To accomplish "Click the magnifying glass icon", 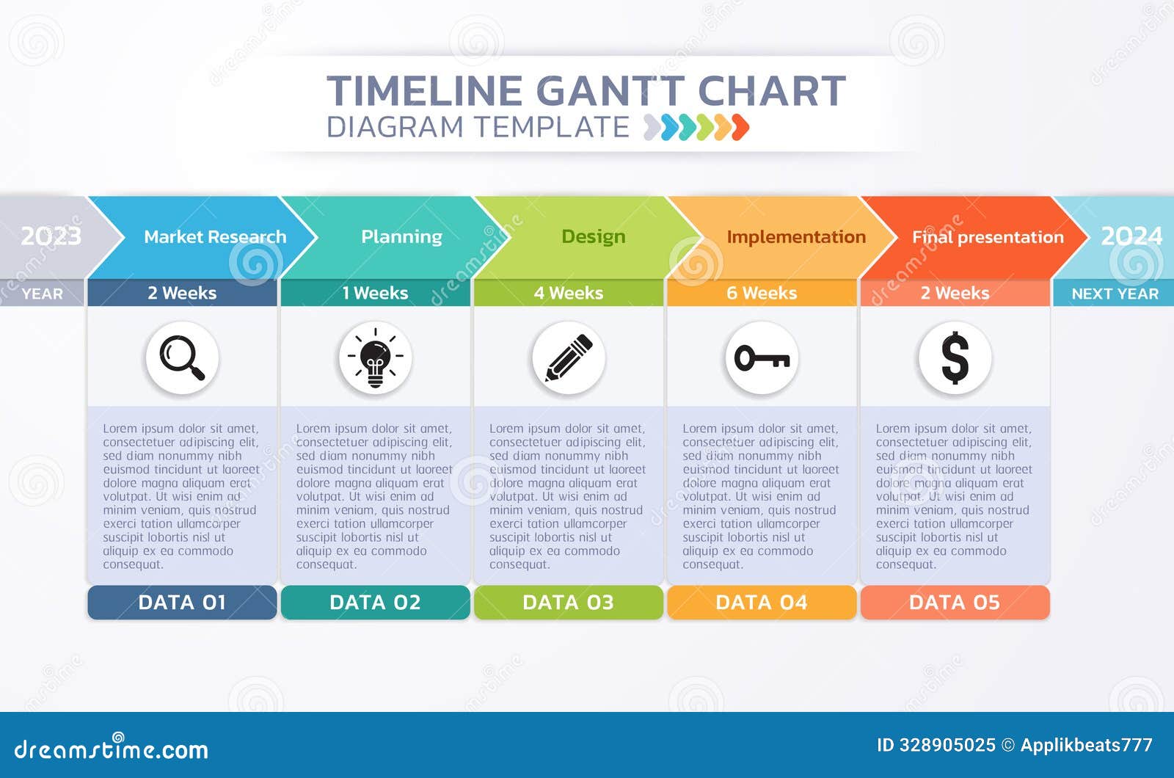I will pyautogui.click(x=182, y=357).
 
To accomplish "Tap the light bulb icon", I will pyautogui.click(x=375, y=357).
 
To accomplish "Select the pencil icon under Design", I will pyautogui.click(x=569, y=357).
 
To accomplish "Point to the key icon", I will pyautogui.click(x=762, y=357).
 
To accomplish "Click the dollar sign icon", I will pyautogui.click(x=955, y=357).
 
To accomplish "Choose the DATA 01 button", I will pyautogui.click(x=182, y=603).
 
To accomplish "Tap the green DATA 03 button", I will pyautogui.click(x=568, y=603).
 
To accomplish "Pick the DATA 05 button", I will pyautogui.click(x=955, y=603).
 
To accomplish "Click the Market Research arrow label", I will pyautogui.click(x=215, y=237).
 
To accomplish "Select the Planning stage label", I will pyautogui.click(x=401, y=237).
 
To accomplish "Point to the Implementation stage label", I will pyautogui.click(x=796, y=237).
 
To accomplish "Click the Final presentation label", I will pyautogui.click(x=988, y=237).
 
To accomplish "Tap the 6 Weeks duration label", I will pyautogui.click(x=762, y=293).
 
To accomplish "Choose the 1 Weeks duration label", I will pyautogui.click(x=375, y=293).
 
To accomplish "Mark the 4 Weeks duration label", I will pyautogui.click(x=569, y=293).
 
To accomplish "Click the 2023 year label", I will pyautogui.click(x=51, y=236).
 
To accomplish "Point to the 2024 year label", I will pyautogui.click(x=1131, y=236).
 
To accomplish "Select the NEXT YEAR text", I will pyautogui.click(x=1115, y=294).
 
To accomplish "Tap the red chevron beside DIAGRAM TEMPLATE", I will pyautogui.click(x=740, y=127).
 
